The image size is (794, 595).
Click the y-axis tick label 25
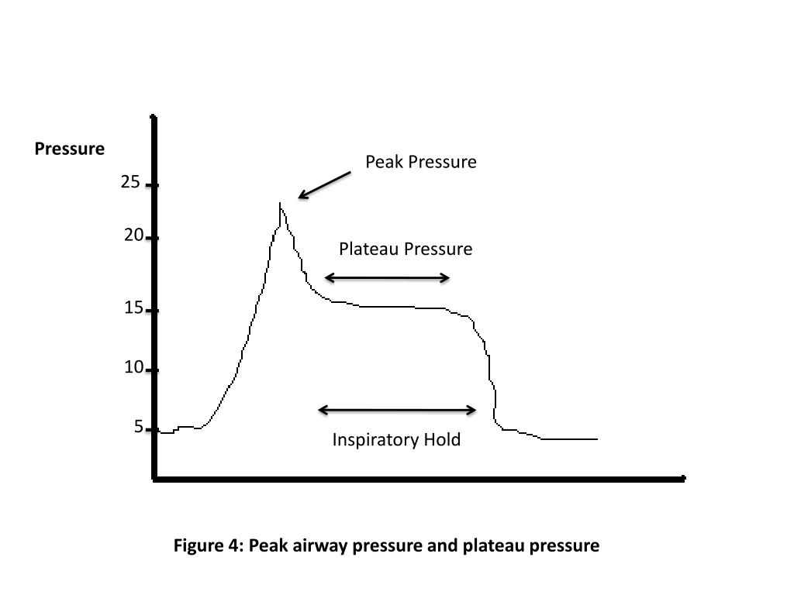130,183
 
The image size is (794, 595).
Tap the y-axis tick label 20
133,236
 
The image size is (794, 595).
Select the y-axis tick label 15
133,308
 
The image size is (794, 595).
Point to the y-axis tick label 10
133,367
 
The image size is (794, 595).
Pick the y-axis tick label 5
139,427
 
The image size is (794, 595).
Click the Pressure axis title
69,149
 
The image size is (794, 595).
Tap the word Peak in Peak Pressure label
382,162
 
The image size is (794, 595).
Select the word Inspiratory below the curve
375,440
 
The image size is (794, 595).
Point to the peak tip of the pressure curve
279,204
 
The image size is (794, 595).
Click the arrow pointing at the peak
324,186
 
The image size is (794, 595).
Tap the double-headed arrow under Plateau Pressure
387,277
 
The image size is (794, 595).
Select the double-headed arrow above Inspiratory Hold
398,410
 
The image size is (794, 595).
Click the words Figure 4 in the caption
207,545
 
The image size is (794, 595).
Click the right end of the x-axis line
683,479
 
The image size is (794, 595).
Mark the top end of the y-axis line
154,119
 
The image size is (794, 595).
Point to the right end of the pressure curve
596,439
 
